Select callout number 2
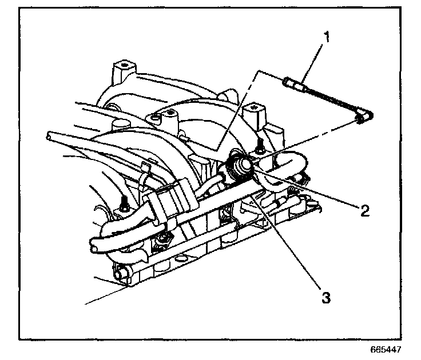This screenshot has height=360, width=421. [363, 210]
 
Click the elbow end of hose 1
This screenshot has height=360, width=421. [360, 118]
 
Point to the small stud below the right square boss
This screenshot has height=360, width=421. [259, 141]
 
